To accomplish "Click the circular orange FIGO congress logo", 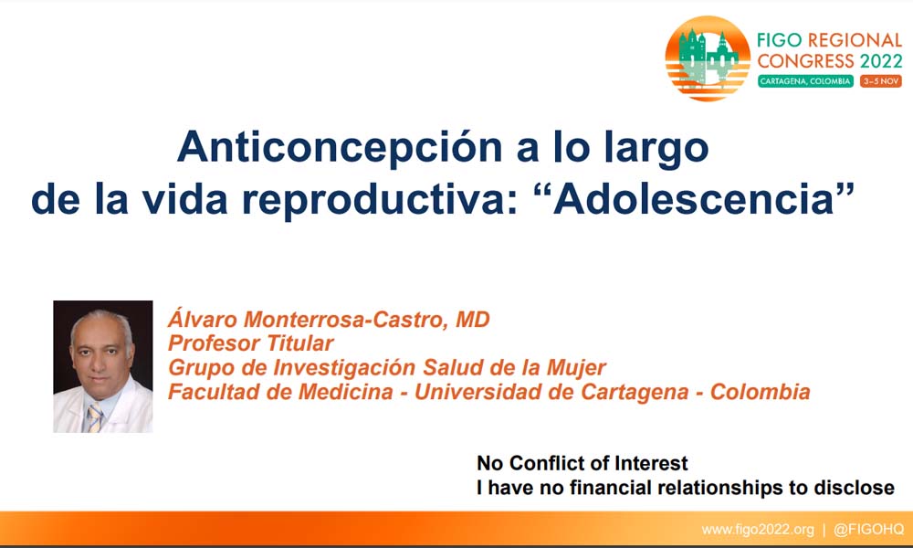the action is [x=708, y=58].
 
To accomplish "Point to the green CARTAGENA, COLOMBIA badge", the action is [x=805, y=81].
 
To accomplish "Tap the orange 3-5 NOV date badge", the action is [x=881, y=81].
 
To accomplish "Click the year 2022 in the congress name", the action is [x=881, y=60].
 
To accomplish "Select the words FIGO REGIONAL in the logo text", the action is [x=829, y=40].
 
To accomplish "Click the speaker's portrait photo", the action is [x=103, y=366].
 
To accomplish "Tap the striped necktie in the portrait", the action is [x=94, y=417].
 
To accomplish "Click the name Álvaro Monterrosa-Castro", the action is [x=308, y=319].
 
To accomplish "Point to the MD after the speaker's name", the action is [x=473, y=320].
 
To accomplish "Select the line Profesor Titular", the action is [x=250, y=343].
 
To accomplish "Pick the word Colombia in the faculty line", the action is [x=760, y=392].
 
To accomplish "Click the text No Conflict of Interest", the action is [x=582, y=463].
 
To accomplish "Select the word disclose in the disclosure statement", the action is [x=854, y=488].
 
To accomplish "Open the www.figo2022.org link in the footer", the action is [x=758, y=530].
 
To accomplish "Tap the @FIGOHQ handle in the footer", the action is [x=869, y=530].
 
